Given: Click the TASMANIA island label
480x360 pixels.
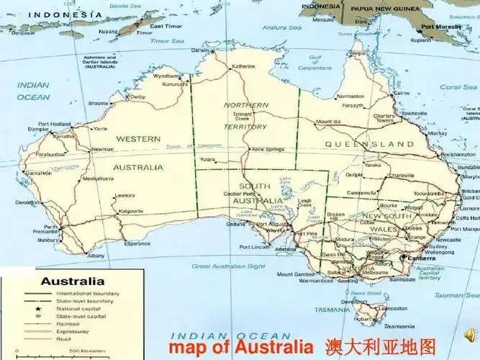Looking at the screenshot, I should tap(331, 310).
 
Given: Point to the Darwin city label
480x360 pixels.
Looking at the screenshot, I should tap(202, 50).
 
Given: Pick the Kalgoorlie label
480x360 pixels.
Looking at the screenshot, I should tap(130, 211).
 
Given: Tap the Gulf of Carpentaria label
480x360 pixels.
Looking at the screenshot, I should tap(314, 64).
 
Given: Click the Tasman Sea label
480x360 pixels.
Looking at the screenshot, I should tap(458, 295).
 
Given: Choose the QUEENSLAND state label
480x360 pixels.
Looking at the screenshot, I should tap(369, 145).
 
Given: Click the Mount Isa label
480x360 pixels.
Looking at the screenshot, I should tap(327, 122).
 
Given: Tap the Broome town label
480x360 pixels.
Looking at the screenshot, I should tap(98, 103).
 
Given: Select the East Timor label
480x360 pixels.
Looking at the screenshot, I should tap(167, 27).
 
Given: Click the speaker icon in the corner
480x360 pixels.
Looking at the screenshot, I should tap(467, 336).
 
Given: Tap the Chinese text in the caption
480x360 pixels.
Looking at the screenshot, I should tap(380, 346).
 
